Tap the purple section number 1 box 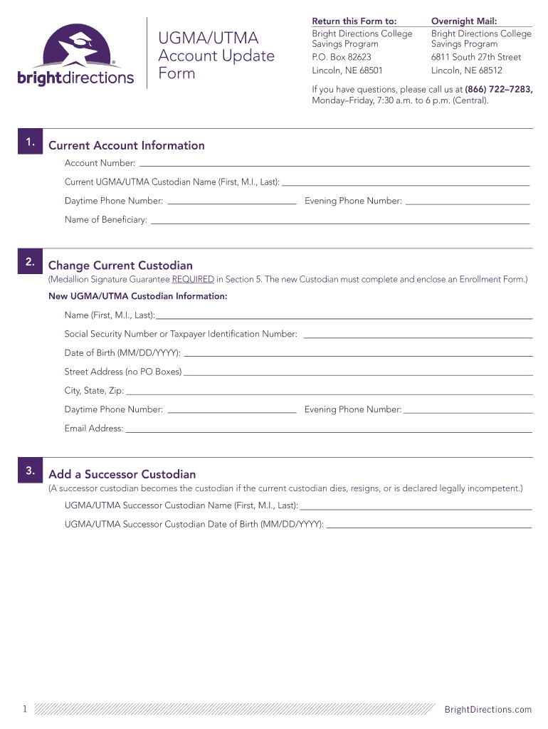[x=30, y=142]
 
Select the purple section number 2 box [x=30, y=262]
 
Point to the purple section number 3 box [x=30, y=471]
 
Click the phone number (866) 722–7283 [x=497, y=89]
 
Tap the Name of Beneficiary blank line [x=340, y=223]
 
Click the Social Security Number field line [x=418, y=337]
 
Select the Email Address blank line [x=329, y=431]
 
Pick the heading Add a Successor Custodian [x=122, y=474]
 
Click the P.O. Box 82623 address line [x=342, y=57]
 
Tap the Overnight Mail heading [x=464, y=22]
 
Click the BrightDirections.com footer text [x=488, y=709]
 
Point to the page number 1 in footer [x=24, y=709]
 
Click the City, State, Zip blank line [x=329, y=394]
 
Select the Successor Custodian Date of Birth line [x=428, y=527]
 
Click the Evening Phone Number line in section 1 [x=467, y=204]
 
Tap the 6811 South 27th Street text [x=476, y=57]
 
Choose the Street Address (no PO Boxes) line [x=358, y=374]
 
